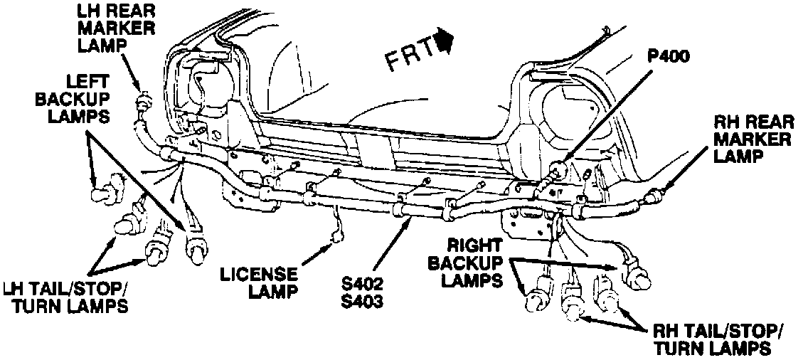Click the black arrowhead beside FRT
[x=447, y=41]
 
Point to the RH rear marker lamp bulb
[x=652, y=193]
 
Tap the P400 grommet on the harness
[x=560, y=169]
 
